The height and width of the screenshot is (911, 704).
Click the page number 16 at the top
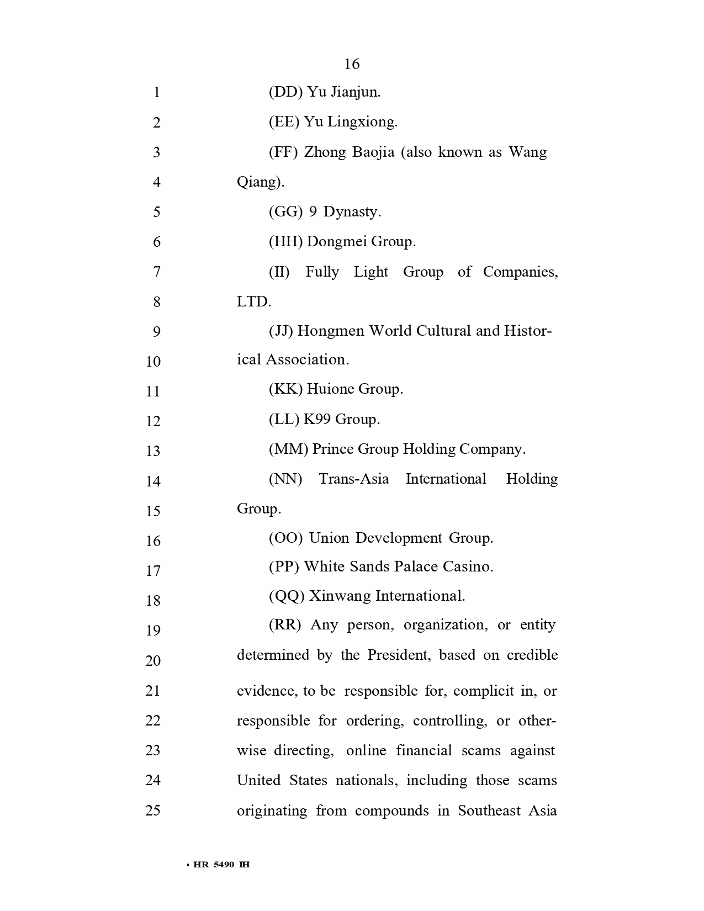352,64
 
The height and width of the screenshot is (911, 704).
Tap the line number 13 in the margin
153,451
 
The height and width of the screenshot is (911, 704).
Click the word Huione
330,389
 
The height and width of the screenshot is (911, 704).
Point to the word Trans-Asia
354,479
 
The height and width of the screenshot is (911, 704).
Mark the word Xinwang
340,596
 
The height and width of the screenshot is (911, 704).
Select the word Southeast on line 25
489,811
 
